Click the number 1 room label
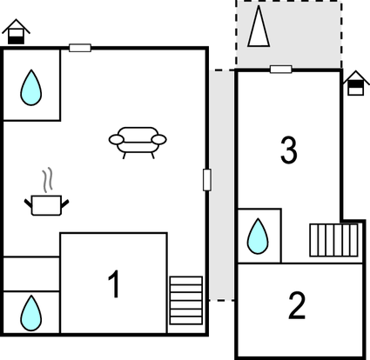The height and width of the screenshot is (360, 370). click(x=114, y=284)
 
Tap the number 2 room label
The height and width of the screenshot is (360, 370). click(x=297, y=305)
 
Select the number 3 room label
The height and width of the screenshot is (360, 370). click(x=289, y=150)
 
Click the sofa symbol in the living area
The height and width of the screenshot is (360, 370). click(x=138, y=143)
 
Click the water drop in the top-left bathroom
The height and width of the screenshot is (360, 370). click(x=31, y=88)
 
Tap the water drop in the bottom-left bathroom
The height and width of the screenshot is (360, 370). click(x=31, y=313)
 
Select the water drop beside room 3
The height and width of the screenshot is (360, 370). click(x=258, y=237)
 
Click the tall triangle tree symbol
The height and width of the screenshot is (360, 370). click(x=259, y=26)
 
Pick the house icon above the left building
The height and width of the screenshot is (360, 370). click(x=16, y=31)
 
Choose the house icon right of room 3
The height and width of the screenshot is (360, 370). click(x=356, y=83)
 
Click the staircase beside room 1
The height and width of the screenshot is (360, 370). click(x=186, y=300)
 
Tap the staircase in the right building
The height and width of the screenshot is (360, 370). click(x=333, y=240)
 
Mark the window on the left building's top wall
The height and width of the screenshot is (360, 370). click(x=80, y=48)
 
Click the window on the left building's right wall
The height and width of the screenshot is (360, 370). click(x=207, y=180)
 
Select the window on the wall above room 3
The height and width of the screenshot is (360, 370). click(x=281, y=70)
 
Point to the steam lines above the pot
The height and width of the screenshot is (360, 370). click(x=48, y=180)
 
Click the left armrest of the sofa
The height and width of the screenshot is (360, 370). click(x=116, y=140)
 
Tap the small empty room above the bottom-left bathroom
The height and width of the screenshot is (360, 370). click(x=31, y=274)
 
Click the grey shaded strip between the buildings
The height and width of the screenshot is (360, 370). click(x=222, y=185)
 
